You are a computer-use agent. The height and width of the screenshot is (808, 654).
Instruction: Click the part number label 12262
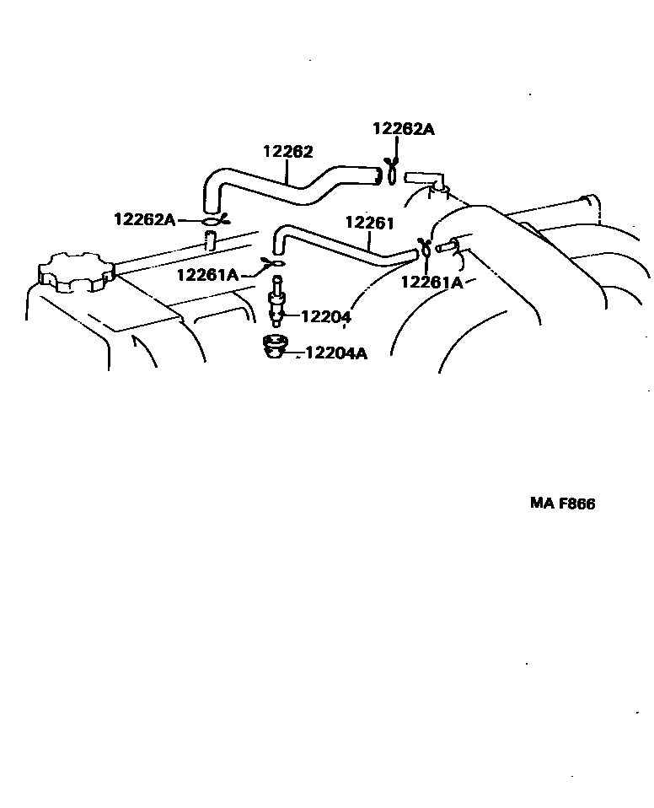tap(288, 152)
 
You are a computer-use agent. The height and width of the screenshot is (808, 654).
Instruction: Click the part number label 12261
tap(370, 222)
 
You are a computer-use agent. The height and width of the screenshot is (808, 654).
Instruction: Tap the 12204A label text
tap(336, 353)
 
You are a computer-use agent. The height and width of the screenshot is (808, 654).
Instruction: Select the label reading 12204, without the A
tap(325, 316)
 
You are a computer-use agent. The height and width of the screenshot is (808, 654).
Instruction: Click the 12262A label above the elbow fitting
tap(403, 129)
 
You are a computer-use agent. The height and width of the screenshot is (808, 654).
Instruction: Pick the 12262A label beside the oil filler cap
tap(144, 219)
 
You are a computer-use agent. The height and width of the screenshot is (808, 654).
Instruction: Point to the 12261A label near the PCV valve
tap(208, 274)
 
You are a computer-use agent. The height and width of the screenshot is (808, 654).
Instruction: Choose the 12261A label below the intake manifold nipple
tap(432, 283)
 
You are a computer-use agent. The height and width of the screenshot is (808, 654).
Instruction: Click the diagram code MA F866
tap(563, 504)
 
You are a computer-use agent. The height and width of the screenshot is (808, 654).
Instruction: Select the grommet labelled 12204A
tap(275, 347)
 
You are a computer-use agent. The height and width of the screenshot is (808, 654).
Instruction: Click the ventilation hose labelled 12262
tap(287, 186)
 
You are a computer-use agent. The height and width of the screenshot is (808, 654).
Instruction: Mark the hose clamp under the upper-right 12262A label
tap(391, 173)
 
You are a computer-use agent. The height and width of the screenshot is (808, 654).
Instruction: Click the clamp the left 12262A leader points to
tap(212, 221)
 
